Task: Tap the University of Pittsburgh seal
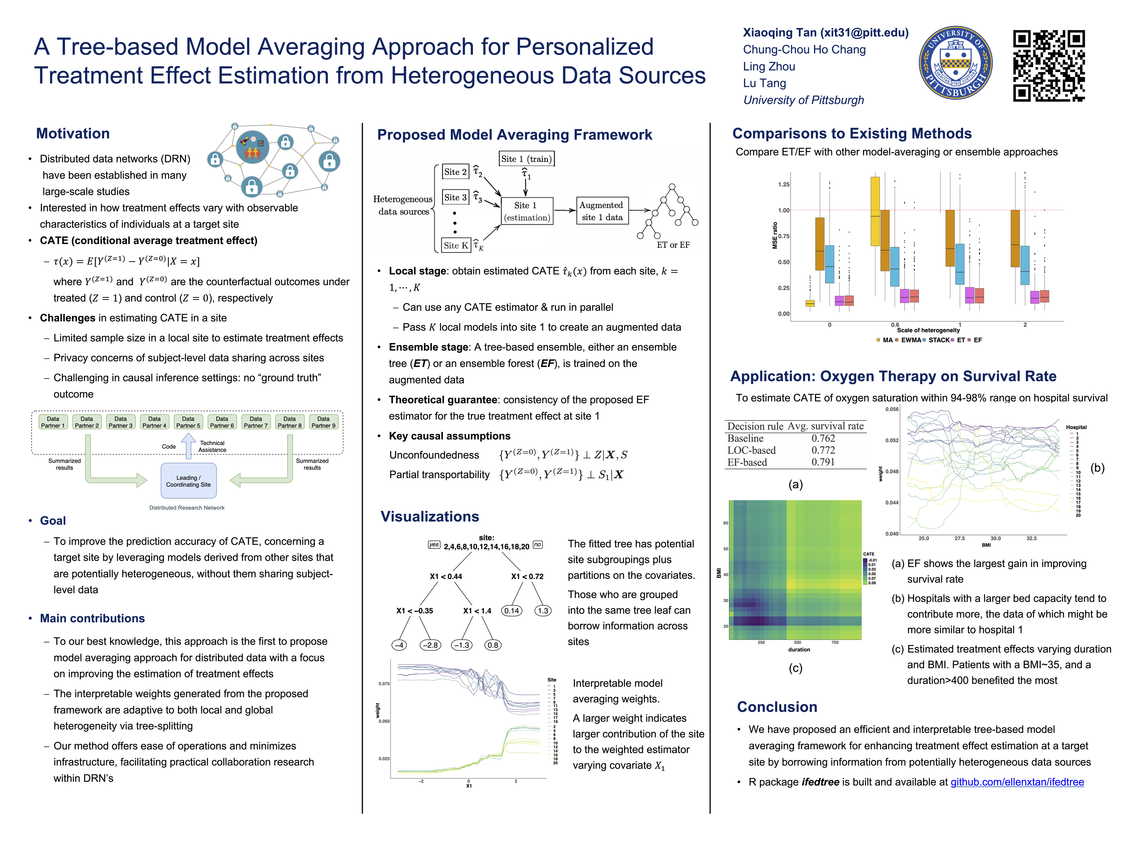955,63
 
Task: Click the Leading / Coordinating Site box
189,481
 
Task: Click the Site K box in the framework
455,245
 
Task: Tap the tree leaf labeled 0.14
511,611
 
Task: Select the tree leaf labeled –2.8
430,645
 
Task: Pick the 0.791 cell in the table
823,462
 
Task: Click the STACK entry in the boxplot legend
938,340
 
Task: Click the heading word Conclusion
777,707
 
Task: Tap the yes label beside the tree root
434,545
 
